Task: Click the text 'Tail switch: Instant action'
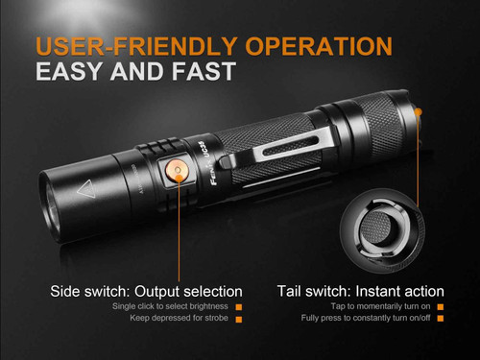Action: pyautogui.click(x=360, y=291)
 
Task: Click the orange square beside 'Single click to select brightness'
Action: pyautogui.click(x=238, y=306)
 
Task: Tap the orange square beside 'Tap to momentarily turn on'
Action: pyautogui.click(x=440, y=306)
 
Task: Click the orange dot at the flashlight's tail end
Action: pyautogui.click(x=420, y=112)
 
